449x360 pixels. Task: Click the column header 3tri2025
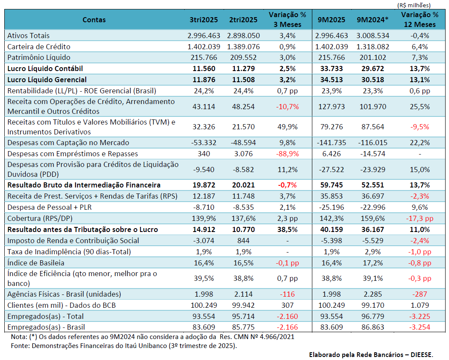tap(204, 20)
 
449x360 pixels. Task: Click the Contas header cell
tap(94, 20)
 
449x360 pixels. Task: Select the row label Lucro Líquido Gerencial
tap(47, 79)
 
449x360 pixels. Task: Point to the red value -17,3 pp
tap(419, 218)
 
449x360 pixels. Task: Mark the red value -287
tap(419, 294)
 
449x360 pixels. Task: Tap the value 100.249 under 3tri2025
tap(204, 305)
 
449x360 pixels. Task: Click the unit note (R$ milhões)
tap(414, 5)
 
